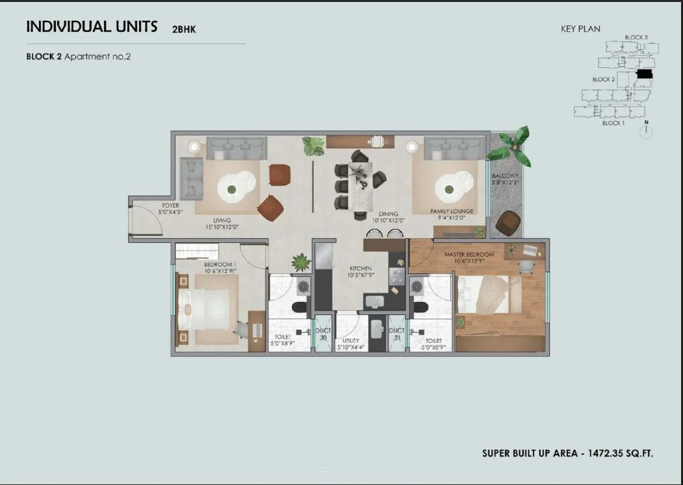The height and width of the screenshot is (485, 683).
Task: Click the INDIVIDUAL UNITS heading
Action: pos(92,27)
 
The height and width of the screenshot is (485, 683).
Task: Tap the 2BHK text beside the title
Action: pos(183,29)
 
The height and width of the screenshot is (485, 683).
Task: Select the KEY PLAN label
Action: pos(580,29)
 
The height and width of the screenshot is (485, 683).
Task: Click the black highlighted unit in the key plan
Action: pos(643,75)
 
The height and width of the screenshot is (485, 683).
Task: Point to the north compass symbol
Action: pos(646,131)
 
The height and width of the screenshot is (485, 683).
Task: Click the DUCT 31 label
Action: pos(396,334)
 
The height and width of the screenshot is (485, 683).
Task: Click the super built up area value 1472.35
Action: pos(616,453)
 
